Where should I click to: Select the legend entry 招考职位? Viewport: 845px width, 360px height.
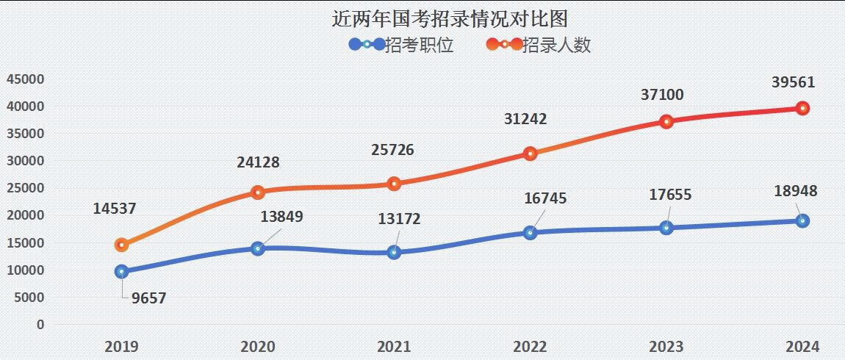pyautogui.click(x=419, y=45)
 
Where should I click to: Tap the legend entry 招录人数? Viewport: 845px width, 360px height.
pyautogui.click(x=556, y=45)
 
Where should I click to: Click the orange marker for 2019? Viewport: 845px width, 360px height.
pyautogui.click(x=122, y=245)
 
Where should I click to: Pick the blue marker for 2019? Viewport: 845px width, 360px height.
pyautogui.click(x=122, y=272)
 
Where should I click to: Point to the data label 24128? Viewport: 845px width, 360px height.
pyautogui.click(x=258, y=162)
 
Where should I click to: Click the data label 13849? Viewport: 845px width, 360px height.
pyautogui.click(x=281, y=217)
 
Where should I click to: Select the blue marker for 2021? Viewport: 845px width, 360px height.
pyautogui.click(x=394, y=252)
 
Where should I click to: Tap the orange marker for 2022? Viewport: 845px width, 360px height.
pyautogui.click(x=530, y=154)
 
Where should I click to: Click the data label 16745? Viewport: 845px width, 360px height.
pyautogui.click(x=546, y=198)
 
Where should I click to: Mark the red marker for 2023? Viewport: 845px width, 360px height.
pyautogui.click(x=666, y=121)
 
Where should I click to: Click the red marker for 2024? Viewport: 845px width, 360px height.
pyautogui.click(x=802, y=108)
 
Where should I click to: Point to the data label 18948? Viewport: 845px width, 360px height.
pyautogui.click(x=796, y=191)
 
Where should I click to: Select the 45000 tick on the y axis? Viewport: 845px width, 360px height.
pyautogui.click(x=26, y=79)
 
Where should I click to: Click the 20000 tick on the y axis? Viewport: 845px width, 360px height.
pyautogui.click(x=26, y=215)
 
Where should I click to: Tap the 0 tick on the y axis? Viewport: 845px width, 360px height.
pyautogui.click(x=40, y=324)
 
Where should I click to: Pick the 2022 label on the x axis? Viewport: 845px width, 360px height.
pyautogui.click(x=530, y=346)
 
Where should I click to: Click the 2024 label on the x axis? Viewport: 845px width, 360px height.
pyautogui.click(x=802, y=346)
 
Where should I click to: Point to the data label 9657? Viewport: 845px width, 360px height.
pyautogui.click(x=150, y=298)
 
